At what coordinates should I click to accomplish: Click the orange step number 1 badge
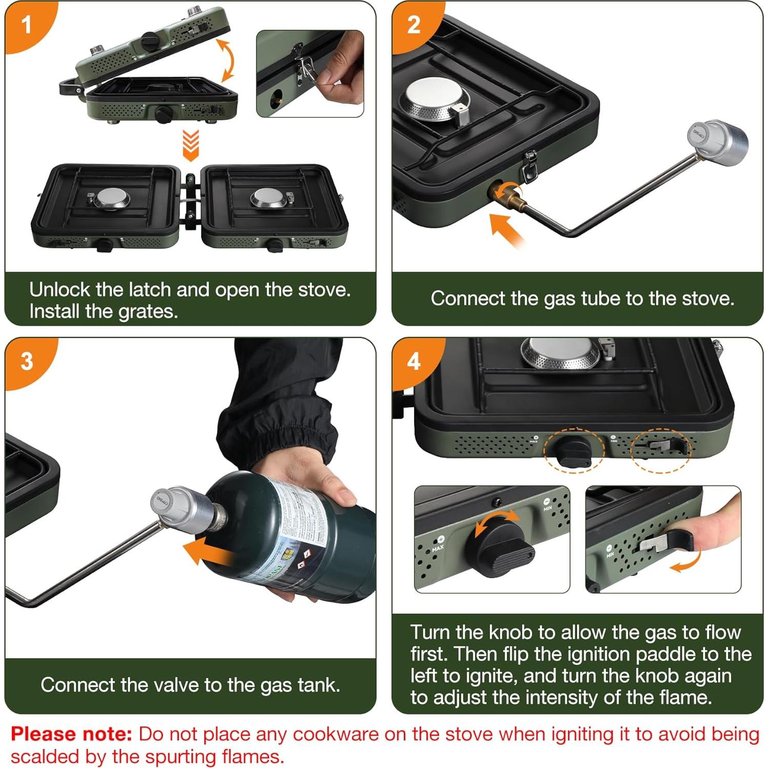[x=26, y=25]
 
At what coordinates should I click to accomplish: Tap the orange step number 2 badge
[x=413, y=25]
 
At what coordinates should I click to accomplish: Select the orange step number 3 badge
[x=27, y=361]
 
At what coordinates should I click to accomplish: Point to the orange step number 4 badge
[x=413, y=361]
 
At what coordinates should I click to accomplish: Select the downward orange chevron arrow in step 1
[x=191, y=145]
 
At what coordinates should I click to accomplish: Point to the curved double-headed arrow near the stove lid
[x=227, y=61]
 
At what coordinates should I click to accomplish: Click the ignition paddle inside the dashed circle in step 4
[x=662, y=445]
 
